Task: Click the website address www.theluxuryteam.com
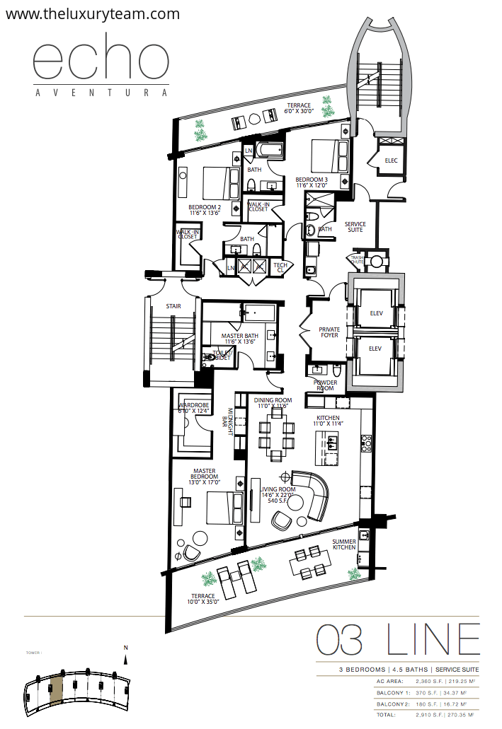pyautogui.click(x=92, y=13)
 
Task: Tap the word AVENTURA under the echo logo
pyautogui.click(x=102, y=92)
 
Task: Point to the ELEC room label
pyautogui.click(x=392, y=161)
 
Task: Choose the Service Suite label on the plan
pyautogui.click(x=355, y=228)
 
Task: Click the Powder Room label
pyautogui.click(x=326, y=386)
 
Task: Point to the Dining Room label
pyautogui.click(x=273, y=403)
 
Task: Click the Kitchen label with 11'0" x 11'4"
pyautogui.click(x=329, y=421)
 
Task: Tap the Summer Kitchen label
pyautogui.click(x=344, y=545)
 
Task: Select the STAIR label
pyautogui.click(x=173, y=307)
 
